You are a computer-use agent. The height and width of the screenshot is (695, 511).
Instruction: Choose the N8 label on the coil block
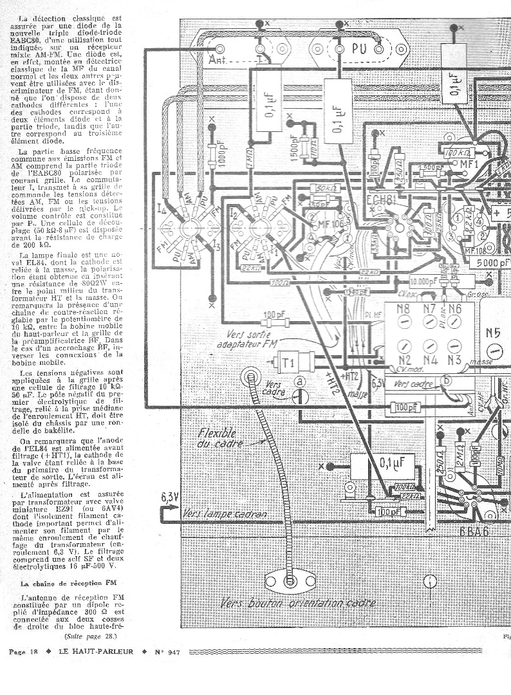click(404, 308)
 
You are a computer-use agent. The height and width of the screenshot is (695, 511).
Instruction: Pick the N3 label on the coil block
click(455, 360)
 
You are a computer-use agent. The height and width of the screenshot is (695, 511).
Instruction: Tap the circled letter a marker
click(300, 382)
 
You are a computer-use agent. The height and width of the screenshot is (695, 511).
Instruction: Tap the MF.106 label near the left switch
click(330, 223)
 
